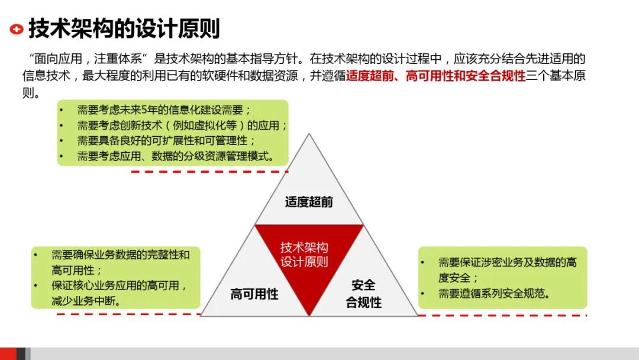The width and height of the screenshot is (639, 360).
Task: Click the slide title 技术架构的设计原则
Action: (124, 28)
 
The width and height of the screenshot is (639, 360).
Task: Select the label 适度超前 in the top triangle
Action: (309, 202)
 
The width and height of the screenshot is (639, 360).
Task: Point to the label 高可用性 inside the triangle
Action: (254, 294)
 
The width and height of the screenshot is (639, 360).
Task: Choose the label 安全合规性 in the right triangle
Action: (363, 294)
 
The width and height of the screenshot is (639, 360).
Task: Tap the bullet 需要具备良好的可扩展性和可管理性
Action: (166, 141)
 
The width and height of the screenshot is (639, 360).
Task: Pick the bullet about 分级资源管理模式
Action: (175, 156)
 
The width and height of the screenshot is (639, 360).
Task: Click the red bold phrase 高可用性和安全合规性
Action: (466, 76)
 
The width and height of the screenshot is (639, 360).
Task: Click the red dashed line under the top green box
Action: (209, 172)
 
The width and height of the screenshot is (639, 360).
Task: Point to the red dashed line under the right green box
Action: (502, 315)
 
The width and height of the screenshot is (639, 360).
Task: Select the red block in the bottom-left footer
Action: (8, 353)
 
